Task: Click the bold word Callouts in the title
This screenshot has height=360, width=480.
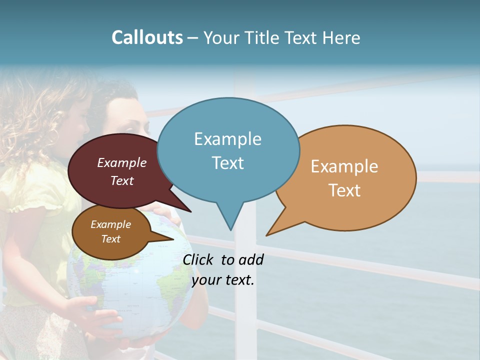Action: pos(147,37)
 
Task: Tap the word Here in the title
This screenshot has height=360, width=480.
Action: pos(341,37)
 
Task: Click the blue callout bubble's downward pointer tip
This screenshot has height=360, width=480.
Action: pos(230,229)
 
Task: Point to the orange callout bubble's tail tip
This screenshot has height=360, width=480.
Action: pos(267,235)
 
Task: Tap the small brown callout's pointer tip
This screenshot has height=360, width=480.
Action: pos(173,239)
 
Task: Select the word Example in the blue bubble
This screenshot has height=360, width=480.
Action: pos(227,138)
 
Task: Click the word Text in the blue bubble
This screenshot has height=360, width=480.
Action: pos(227,162)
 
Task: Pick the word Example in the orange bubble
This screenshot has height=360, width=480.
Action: pos(344,166)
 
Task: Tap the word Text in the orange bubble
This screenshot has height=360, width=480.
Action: pos(344,190)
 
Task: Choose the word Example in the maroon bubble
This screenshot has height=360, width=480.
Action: pos(122,162)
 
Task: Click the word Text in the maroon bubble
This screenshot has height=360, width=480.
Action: pos(122,180)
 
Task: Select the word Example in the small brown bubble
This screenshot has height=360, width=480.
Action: pos(110,224)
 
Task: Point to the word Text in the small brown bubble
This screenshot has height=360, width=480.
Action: pos(110,239)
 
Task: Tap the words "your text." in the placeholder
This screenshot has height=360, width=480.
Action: pos(223,280)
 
